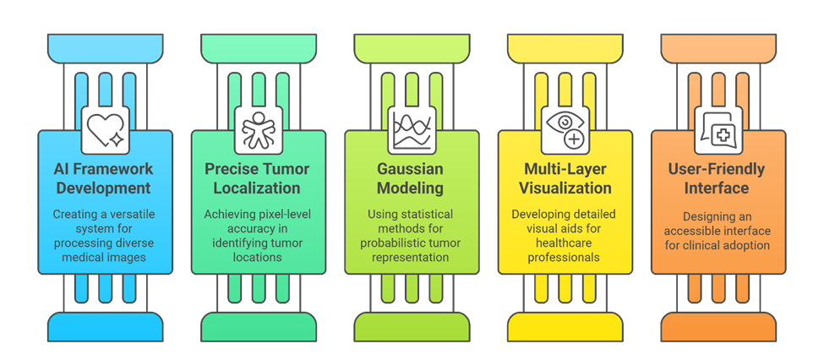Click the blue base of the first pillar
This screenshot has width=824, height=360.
[x=106, y=325]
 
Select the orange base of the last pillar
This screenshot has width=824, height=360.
[x=718, y=325]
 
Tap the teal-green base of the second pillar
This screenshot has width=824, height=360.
[x=259, y=325]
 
